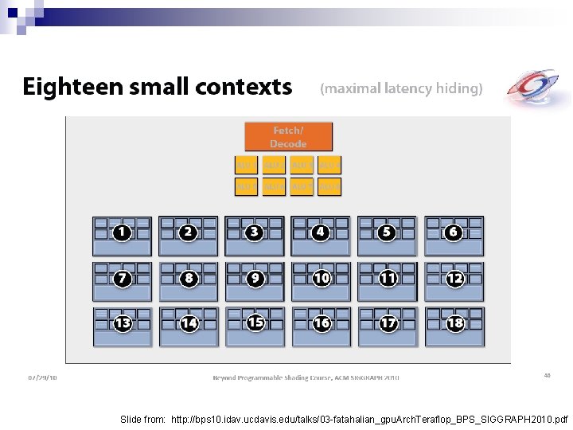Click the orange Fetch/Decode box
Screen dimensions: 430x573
(288, 137)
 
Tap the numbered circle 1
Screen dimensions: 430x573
(122, 233)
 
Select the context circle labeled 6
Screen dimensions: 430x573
(454, 233)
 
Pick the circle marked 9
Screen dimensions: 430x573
(255, 279)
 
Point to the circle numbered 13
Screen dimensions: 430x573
(123, 323)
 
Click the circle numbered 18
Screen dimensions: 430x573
(455, 323)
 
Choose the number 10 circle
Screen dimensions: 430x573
(322, 279)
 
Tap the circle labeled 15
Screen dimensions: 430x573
(255, 322)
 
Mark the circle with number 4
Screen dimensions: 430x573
(321, 233)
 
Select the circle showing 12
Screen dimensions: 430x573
(455, 279)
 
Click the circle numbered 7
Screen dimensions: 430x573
(123, 279)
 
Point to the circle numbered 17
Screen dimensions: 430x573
(388, 323)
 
